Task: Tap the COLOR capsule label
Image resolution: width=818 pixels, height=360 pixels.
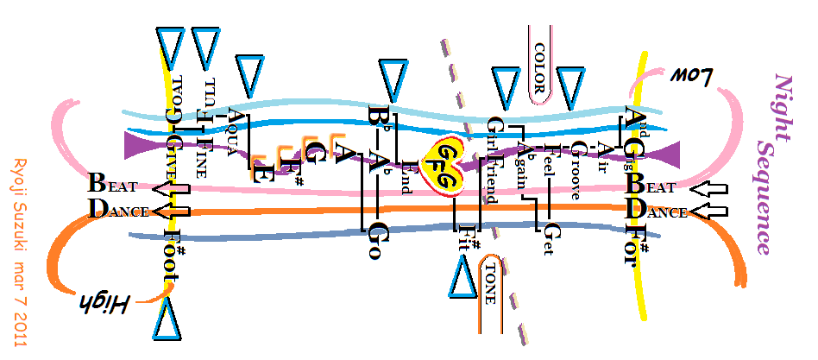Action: click(x=541, y=66)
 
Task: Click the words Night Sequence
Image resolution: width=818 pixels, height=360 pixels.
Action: click(x=771, y=164)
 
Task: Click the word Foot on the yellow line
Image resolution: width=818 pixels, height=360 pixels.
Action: click(x=170, y=256)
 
